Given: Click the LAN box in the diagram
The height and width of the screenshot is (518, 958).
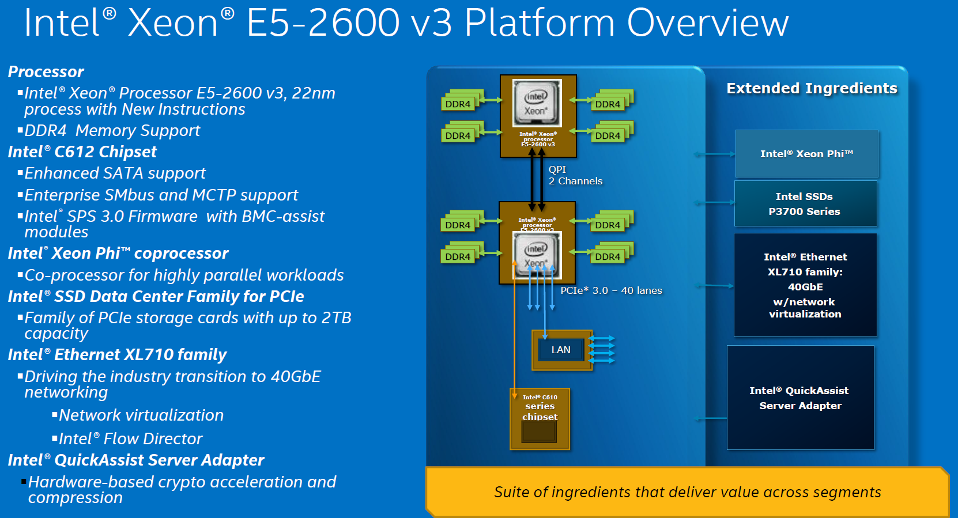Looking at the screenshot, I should [x=561, y=350].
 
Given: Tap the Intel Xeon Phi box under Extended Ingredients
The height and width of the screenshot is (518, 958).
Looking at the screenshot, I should [x=806, y=154].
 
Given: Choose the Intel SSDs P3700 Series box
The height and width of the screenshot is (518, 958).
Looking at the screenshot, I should [x=805, y=203].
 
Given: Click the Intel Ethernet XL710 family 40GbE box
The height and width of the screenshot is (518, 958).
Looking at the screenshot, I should [x=805, y=285].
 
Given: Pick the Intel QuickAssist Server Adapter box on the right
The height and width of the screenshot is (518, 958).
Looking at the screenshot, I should [x=800, y=398].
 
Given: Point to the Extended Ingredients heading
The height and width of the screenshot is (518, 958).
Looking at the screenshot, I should [x=812, y=88].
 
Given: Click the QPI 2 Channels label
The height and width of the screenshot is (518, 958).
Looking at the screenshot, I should [x=575, y=175].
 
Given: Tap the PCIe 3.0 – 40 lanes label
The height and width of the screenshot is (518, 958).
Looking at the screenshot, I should [x=611, y=290].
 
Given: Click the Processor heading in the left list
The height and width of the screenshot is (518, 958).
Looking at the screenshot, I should [x=46, y=71].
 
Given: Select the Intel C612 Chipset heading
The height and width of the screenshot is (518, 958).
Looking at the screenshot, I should [x=82, y=152].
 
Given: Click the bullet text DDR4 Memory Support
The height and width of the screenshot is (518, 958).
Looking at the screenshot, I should [x=112, y=131].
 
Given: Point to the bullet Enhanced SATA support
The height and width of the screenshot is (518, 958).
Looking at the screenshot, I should [x=115, y=173].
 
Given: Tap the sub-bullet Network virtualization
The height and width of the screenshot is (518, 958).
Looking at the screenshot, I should [x=141, y=415].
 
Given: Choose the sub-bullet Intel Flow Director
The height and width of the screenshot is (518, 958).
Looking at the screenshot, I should [x=131, y=439].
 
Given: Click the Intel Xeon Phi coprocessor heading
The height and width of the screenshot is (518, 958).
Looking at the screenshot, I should [x=118, y=253].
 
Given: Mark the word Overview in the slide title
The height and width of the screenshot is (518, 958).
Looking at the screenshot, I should [x=707, y=23].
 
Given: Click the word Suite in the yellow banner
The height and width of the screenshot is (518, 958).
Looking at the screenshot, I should [x=511, y=492].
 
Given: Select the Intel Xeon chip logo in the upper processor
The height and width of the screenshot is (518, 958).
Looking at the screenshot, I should [x=537, y=103].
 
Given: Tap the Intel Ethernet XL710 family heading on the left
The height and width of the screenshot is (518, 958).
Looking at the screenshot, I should [x=118, y=354].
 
